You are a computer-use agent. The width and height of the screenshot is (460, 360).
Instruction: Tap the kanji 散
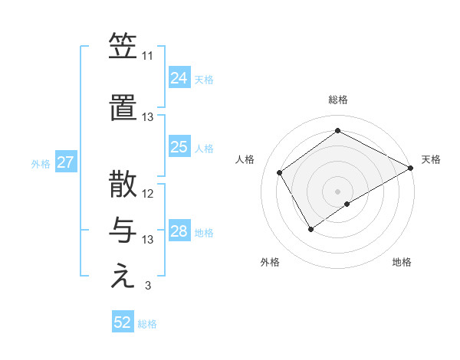123,186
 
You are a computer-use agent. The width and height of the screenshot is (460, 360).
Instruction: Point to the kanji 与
123,230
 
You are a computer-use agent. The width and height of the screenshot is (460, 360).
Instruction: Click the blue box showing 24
179,78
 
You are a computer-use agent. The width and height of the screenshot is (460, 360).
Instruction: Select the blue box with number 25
179,147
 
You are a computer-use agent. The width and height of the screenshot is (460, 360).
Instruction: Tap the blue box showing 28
179,231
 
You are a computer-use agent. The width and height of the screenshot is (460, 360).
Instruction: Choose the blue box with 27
65,162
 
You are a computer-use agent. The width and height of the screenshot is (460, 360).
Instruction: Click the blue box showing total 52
123,322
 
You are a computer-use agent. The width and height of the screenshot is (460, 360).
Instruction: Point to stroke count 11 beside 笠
147,56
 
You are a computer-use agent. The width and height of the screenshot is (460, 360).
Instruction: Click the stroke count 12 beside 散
148,194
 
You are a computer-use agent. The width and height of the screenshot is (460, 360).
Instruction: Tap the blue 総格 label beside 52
147,323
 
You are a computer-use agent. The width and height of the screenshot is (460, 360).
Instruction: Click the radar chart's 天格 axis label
431,159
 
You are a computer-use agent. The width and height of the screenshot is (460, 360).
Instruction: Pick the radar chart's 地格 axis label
402,262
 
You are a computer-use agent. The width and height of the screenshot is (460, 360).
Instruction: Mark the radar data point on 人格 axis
280,173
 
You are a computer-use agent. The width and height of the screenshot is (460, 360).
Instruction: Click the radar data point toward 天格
411,169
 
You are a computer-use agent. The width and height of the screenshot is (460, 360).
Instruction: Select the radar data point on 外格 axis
310,229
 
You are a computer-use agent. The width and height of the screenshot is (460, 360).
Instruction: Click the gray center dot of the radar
337,190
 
